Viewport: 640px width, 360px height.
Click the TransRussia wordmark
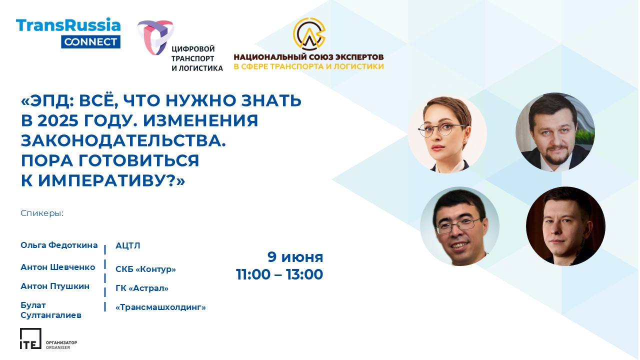pyautogui.click(x=68, y=25)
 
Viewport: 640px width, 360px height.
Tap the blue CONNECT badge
pyautogui.click(x=90, y=42)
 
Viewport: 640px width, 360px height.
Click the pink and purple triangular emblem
pyautogui.click(x=155, y=37)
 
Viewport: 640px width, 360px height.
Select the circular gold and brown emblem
pyautogui.click(x=309, y=33)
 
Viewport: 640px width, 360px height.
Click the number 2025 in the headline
pyautogui.click(x=58, y=120)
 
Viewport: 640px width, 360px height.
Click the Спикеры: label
pyautogui.click(x=42, y=213)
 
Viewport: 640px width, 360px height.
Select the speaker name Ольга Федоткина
pyautogui.click(x=59, y=245)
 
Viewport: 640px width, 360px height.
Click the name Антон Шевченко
pyautogui.click(x=57, y=267)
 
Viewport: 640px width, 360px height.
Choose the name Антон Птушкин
pyautogui.click(x=55, y=286)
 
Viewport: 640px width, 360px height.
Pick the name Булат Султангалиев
pyautogui.click(x=51, y=310)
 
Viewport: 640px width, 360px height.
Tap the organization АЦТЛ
pyautogui.click(x=127, y=245)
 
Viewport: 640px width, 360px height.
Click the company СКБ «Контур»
pyautogui.click(x=145, y=269)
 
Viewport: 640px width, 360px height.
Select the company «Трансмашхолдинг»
pyautogui.click(x=160, y=307)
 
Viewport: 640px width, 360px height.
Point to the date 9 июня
pyautogui.click(x=295, y=257)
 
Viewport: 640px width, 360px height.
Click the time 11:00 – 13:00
pyautogui.click(x=279, y=274)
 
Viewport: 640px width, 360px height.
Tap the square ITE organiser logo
pyautogui.click(x=30, y=338)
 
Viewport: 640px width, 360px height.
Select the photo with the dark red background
pyautogui.click(x=565, y=226)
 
